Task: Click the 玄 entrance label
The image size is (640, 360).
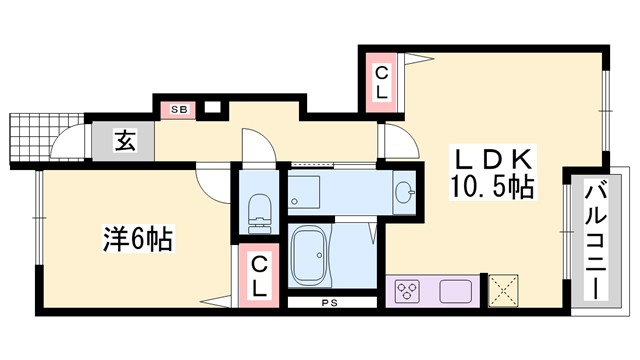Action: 125,140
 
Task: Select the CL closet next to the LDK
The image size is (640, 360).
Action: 383,81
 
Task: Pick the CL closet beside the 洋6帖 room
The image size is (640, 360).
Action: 258,275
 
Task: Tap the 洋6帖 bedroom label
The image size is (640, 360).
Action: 137,240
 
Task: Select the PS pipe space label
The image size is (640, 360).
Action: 327,301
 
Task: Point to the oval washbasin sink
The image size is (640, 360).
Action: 404,192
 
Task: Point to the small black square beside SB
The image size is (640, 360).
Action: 211,106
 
